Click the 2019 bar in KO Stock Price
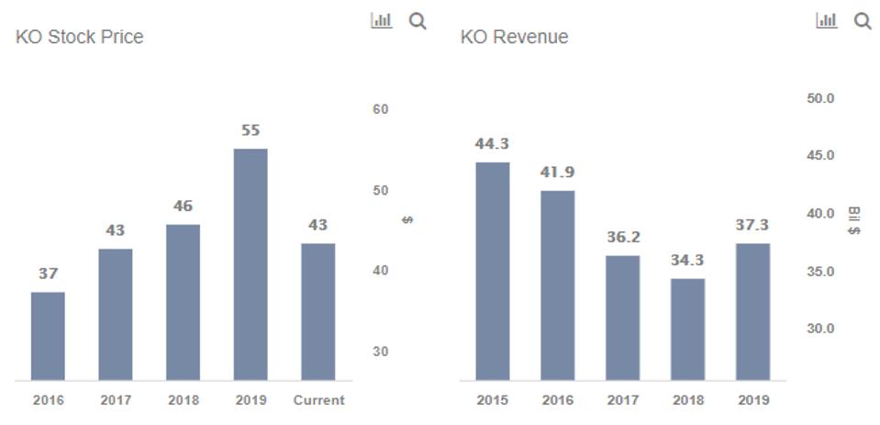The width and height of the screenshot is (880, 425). (x=251, y=264)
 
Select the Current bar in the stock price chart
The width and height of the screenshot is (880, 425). (x=317, y=312)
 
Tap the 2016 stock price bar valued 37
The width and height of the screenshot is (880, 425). (x=48, y=336)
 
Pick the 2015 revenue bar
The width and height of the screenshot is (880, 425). (x=492, y=271)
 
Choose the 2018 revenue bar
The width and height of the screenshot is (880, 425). (x=688, y=329)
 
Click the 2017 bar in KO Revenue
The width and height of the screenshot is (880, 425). (x=622, y=318)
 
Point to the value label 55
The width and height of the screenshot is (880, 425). (x=251, y=130)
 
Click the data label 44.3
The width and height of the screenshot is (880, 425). (x=492, y=144)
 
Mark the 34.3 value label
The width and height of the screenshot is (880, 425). (x=688, y=261)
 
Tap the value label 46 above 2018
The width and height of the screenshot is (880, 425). (x=183, y=207)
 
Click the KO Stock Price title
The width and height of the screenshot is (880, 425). (x=80, y=38)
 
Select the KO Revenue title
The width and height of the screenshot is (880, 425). (x=514, y=38)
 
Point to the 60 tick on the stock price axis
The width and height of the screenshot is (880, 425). (x=381, y=109)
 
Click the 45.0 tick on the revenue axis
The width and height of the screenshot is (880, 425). (x=820, y=156)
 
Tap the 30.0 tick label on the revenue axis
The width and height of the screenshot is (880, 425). (x=820, y=329)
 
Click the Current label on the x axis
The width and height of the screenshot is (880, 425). (x=318, y=400)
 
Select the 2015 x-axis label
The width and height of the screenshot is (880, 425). (x=492, y=400)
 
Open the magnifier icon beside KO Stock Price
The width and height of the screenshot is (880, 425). (x=418, y=21)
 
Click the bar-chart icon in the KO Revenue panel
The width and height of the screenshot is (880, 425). (x=826, y=20)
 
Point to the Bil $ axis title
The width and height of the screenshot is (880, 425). (x=853, y=220)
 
